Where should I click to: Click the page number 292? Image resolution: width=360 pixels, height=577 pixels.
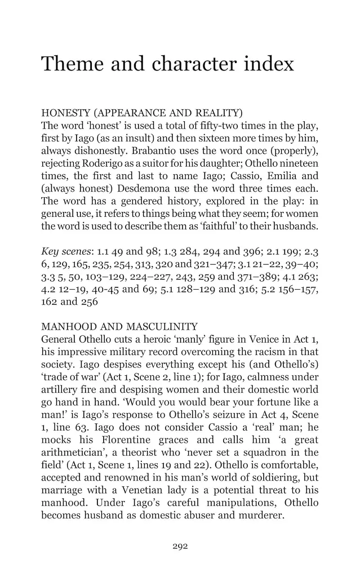tap(180, 545)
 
